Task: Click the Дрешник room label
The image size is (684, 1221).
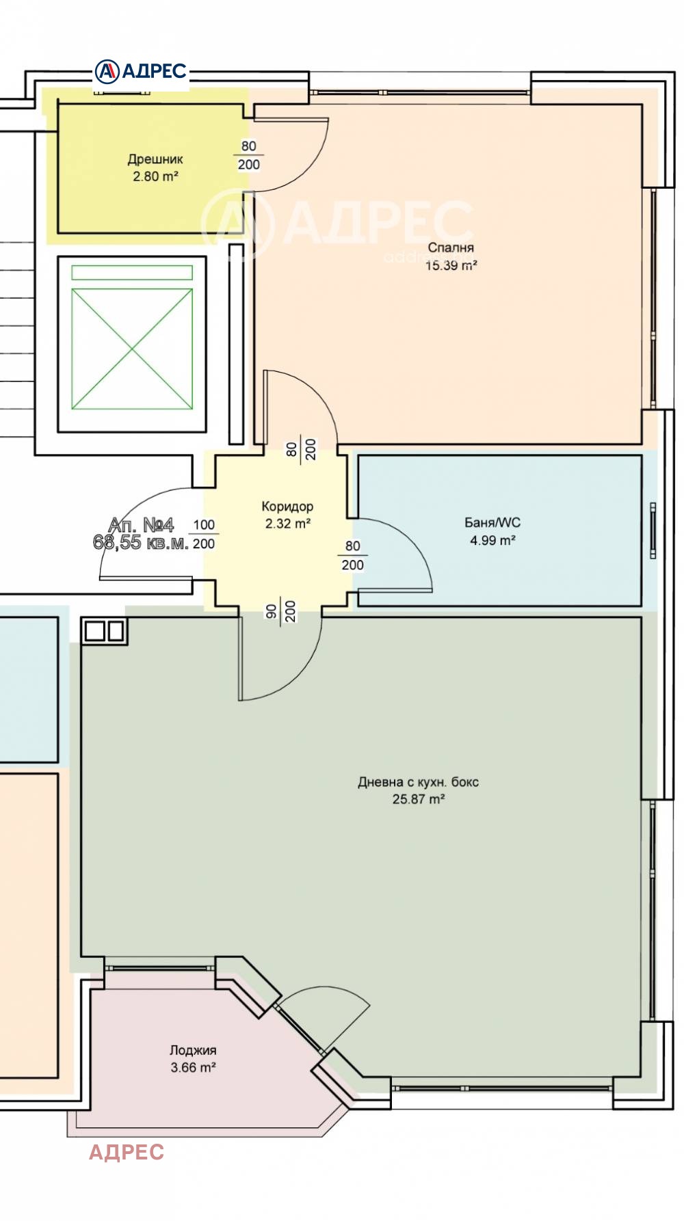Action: coord(155,159)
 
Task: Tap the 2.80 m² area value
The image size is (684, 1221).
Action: coord(155,176)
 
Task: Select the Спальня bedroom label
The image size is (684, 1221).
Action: coord(451,247)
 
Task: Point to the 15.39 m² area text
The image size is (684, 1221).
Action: coord(451,265)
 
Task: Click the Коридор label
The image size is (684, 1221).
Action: coord(287,507)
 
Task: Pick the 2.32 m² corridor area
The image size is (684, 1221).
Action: coord(288,524)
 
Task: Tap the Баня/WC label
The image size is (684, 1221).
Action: coord(492,523)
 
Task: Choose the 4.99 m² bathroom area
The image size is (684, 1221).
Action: coord(492,540)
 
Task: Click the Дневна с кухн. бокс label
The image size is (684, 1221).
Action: coord(418,782)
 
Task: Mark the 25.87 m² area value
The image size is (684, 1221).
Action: coord(419,799)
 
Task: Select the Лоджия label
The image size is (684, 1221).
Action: coord(193,1050)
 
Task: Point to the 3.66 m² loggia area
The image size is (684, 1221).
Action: coord(194,1067)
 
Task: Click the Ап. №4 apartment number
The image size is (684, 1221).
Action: coord(142,525)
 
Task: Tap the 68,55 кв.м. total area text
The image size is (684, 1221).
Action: coord(140,543)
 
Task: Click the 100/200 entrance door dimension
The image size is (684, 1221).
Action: coord(204,534)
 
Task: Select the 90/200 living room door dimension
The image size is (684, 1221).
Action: coord(280,610)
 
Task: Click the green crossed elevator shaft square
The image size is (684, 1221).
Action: coord(132,349)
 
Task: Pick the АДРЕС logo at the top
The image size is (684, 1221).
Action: coord(141,71)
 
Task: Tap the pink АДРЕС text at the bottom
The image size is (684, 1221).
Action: coord(127,1152)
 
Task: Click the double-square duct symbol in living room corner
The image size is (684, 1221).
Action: coord(105,630)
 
